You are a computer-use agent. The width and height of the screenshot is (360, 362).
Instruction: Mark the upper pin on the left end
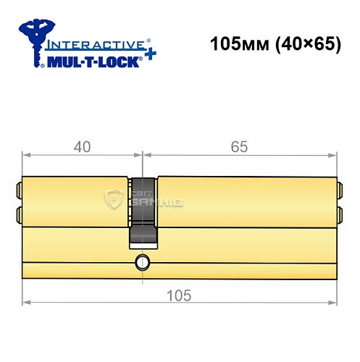point(18,193)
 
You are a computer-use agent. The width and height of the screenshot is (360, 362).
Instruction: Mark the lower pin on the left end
point(18,214)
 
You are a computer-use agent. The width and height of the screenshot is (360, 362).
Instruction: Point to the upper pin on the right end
point(340,193)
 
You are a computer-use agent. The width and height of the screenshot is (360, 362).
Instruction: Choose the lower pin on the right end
point(340,214)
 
